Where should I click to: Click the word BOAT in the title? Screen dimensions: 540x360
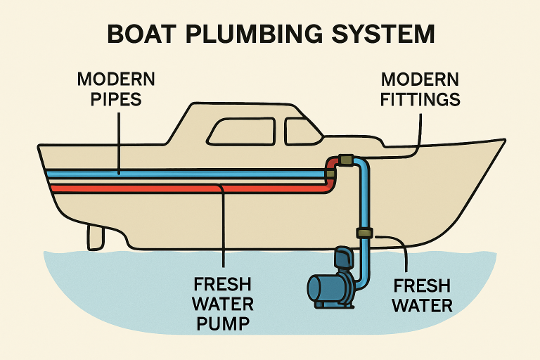click(141, 34)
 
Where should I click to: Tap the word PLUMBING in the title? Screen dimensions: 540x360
click(254, 34)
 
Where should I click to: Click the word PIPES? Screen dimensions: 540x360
click(116, 99)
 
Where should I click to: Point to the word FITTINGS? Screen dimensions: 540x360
click(420, 99)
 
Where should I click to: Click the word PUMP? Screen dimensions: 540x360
click(223, 323)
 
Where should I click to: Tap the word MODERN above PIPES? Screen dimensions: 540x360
click(116, 79)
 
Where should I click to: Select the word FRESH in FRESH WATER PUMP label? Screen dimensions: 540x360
click(222, 285)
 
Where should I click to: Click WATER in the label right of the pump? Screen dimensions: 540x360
click(422, 306)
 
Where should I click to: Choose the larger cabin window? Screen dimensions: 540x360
click(242, 131)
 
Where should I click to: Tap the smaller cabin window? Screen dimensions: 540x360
click(302, 131)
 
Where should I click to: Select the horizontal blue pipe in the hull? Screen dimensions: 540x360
click(186, 174)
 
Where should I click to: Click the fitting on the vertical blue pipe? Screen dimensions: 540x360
click(365, 233)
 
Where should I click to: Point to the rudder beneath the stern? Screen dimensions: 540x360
click(96, 237)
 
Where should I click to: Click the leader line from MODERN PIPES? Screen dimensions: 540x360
click(119, 143)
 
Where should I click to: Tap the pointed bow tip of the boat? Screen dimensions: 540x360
click(505, 140)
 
